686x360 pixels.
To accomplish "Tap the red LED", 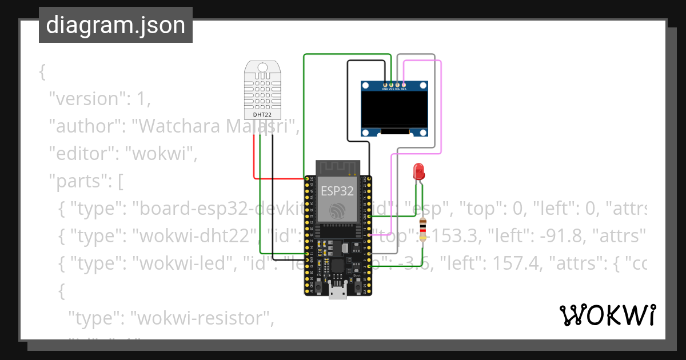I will (418, 171).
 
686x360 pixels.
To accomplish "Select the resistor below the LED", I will (422, 230).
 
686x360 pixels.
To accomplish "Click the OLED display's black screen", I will (394, 110).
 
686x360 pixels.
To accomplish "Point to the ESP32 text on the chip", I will (337, 191).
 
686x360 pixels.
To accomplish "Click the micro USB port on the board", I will (337, 293).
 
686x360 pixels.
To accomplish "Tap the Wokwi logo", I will (607, 315).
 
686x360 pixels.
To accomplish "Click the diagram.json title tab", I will (115, 25).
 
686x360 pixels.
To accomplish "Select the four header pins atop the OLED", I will (394, 85).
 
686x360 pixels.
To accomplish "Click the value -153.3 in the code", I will (441, 237).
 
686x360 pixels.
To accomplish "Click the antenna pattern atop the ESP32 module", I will (337, 167).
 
